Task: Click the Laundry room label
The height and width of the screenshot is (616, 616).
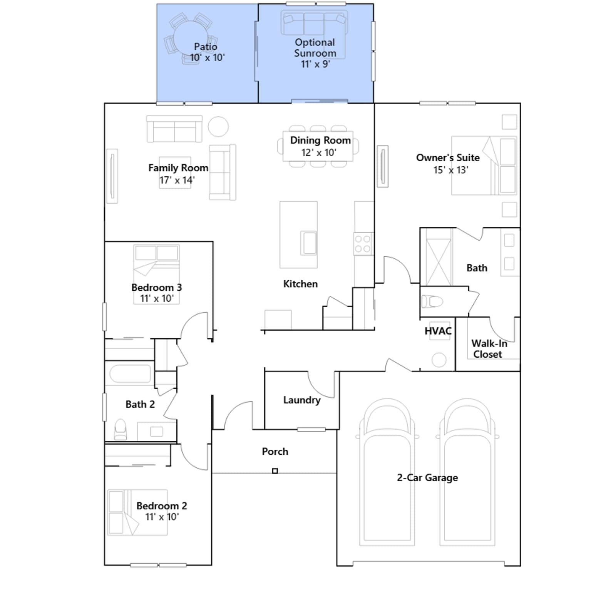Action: (302, 400)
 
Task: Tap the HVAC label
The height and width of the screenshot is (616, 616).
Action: (438, 331)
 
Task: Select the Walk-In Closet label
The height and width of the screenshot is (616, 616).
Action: (489, 349)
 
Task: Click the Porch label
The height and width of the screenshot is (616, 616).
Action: (275, 451)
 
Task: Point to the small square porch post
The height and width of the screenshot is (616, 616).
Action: (275, 471)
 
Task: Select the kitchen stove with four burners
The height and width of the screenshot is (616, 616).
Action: (363, 244)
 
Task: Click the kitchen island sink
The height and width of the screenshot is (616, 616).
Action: (309, 243)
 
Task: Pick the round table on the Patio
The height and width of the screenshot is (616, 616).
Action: (191, 38)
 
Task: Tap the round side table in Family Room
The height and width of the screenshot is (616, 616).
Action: (218, 127)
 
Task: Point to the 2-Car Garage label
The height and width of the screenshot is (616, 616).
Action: (427, 478)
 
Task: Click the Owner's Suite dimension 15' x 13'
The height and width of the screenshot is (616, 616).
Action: (451, 170)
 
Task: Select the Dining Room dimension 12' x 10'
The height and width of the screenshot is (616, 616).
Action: (319, 152)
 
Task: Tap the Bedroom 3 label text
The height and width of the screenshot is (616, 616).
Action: (156, 288)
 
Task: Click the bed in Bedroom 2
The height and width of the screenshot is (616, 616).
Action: (137, 512)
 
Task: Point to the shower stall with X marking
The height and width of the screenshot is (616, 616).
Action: (439, 262)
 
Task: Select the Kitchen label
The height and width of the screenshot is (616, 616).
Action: (300, 284)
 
